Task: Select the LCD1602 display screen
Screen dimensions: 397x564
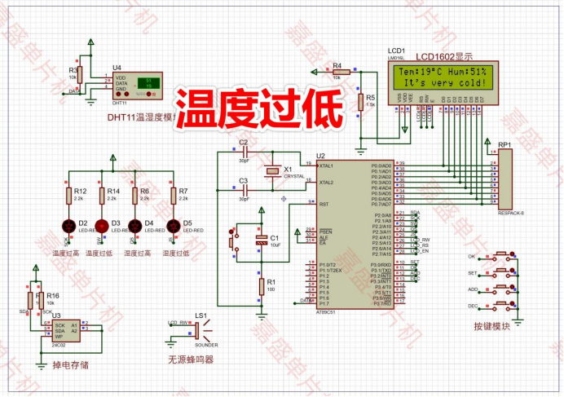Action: click(443, 77)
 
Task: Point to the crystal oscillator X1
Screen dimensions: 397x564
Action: click(271, 172)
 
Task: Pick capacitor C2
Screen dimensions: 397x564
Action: click(243, 152)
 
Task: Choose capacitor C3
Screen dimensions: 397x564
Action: click(243, 190)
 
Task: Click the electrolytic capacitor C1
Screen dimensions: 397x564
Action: click(261, 242)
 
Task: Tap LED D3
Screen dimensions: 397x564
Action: click(102, 225)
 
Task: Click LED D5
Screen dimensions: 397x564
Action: click(172, 225)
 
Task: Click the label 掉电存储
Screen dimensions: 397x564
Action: click(70, 364)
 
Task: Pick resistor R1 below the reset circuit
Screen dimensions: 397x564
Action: click(261, 286)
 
